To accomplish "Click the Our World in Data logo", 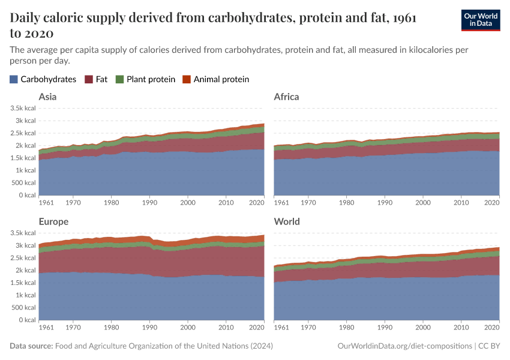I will click(x=480, y=20).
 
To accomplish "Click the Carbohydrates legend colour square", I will click(x=14, y=79).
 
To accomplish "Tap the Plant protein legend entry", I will click(x=145, y=79).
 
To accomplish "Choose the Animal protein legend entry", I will click(x=215, y=79).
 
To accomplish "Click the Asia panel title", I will click(x=48, y=97).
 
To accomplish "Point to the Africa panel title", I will click(x=286, y=97).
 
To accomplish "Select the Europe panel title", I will click(x=53, y=221).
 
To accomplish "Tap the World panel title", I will click(x=286, y=221).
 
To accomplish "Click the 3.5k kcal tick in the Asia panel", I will click(x=23, y=108).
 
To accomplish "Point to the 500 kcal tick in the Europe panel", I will click(x=24, y=308).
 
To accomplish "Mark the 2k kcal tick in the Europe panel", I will click(x=27, y=271).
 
